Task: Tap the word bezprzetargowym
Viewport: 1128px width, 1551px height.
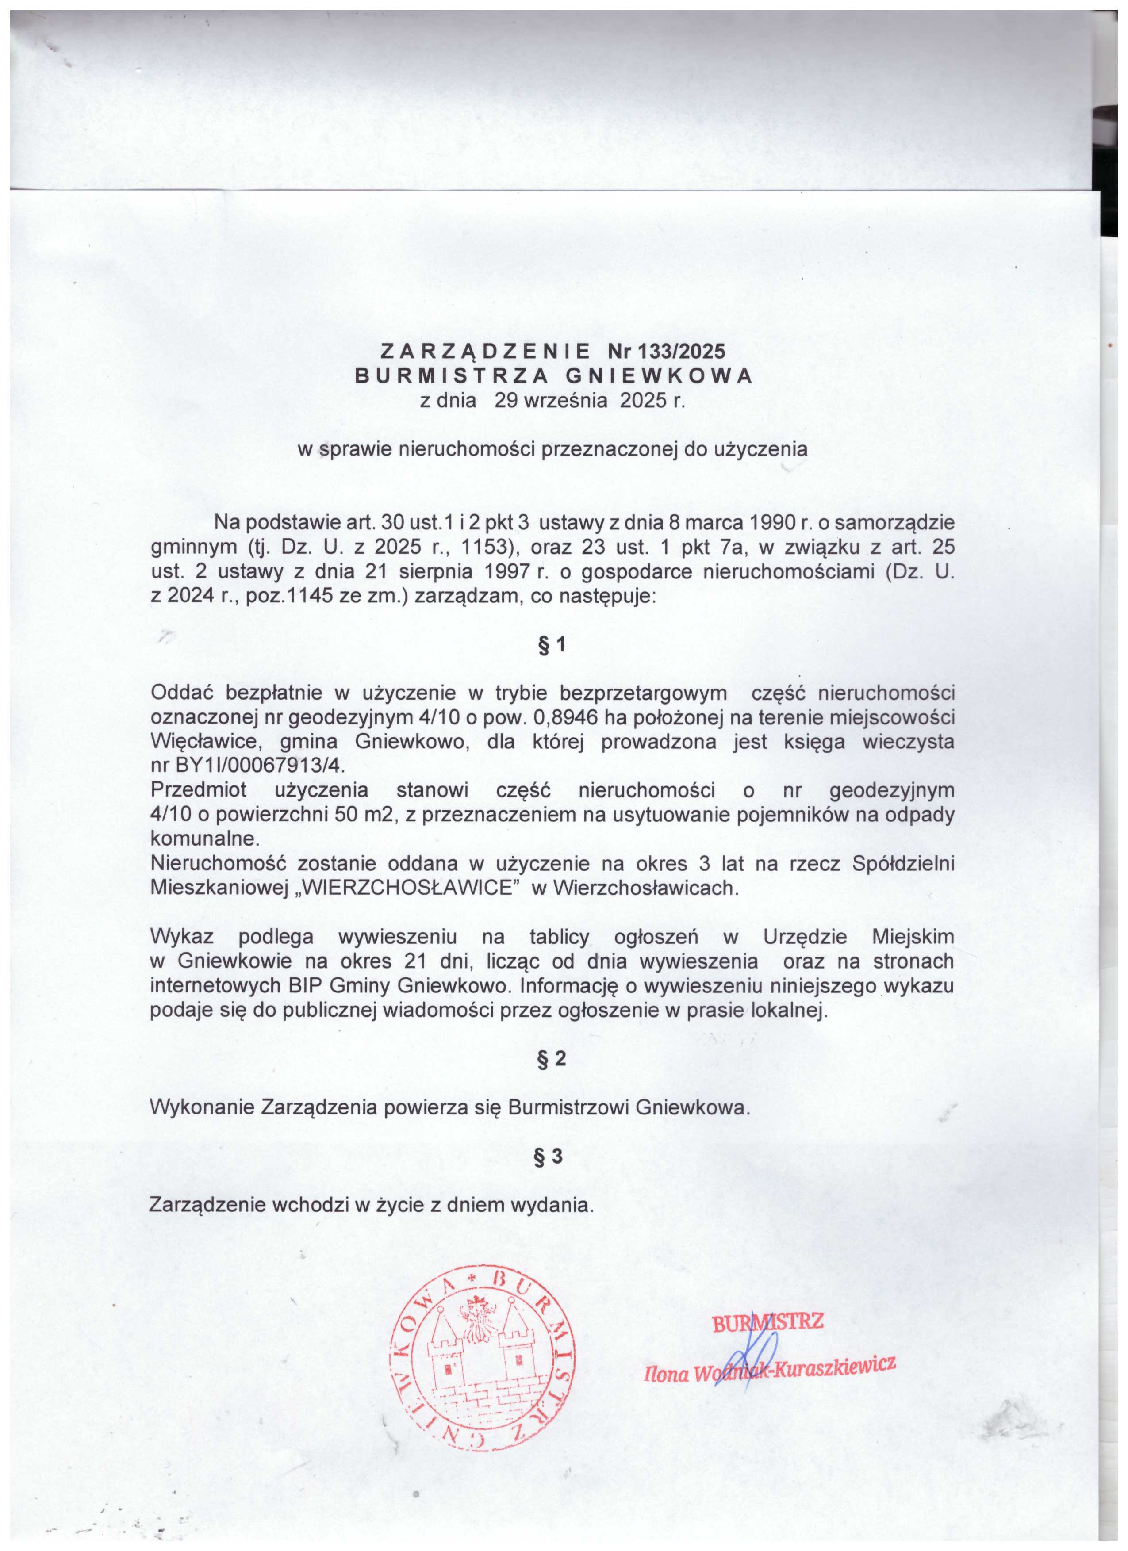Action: [x=643, y=693]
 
